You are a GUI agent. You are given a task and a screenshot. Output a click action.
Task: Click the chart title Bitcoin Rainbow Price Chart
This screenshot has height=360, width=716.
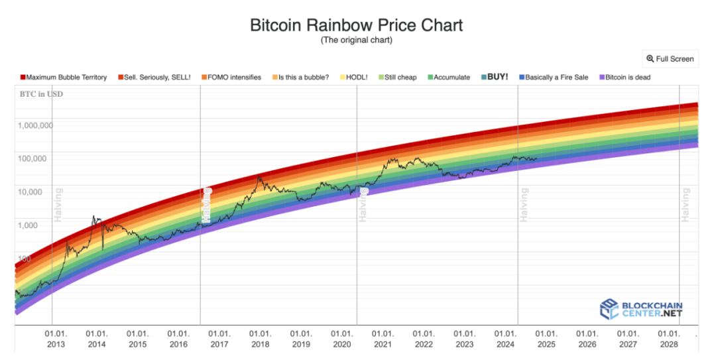tap(356, 25)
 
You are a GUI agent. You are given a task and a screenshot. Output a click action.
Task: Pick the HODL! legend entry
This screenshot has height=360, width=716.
tap(357, 78)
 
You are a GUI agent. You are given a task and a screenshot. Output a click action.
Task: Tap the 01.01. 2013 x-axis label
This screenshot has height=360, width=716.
tap(56, 339)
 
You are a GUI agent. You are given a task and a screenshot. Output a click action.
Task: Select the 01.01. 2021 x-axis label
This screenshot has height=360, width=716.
tap(383, 339)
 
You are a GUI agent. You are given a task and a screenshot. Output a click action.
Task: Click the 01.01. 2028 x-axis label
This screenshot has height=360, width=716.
tap(668, 339)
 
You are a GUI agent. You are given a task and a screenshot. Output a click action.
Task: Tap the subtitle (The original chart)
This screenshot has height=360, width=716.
tap(356, 41)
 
